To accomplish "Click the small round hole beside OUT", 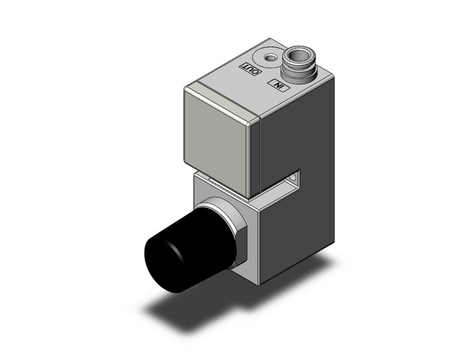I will click(x=268, y=59).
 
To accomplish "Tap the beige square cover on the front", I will click(x=218, y=144).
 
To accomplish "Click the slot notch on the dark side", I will click(x=296, y=178).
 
